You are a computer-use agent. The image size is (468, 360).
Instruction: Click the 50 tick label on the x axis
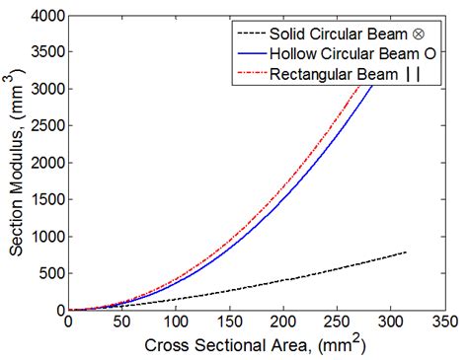121,322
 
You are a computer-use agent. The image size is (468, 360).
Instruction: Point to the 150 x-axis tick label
229,322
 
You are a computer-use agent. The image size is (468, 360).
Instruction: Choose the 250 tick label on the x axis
337,322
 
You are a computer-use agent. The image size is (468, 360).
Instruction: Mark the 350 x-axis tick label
444,322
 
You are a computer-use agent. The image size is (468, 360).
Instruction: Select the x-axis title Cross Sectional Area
256,344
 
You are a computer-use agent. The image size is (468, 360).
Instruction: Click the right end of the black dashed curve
406,252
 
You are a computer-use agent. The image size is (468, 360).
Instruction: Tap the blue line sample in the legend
247,52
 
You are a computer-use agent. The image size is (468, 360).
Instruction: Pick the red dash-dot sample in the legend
247,75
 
